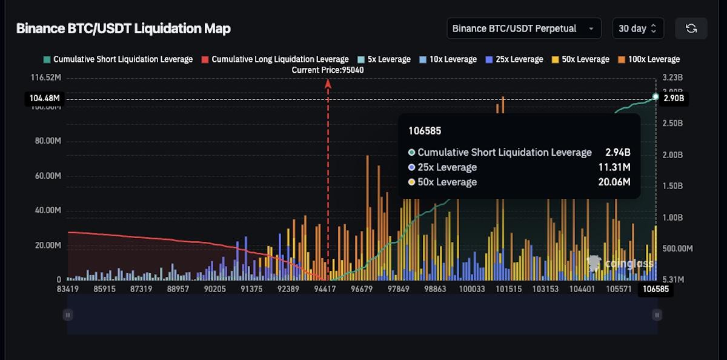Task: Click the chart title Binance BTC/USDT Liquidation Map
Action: [123, 28]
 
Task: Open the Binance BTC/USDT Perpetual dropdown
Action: [523, 28]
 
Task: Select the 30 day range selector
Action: [637, 28]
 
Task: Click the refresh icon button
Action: [691, 28]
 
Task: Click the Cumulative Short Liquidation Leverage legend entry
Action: [118, 59]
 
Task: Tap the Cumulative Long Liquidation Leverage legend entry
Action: [275, 59]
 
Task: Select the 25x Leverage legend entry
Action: [514, 59]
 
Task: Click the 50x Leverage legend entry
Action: [580, 59]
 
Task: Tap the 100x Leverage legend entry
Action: [648, 59]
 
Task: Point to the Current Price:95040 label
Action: [328, 70]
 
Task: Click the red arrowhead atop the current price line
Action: [328, 84]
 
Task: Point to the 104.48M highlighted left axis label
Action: [44, 98]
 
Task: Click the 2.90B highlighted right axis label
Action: [674, 98]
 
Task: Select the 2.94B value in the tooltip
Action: [617, 152]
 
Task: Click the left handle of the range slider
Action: [68, 315]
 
